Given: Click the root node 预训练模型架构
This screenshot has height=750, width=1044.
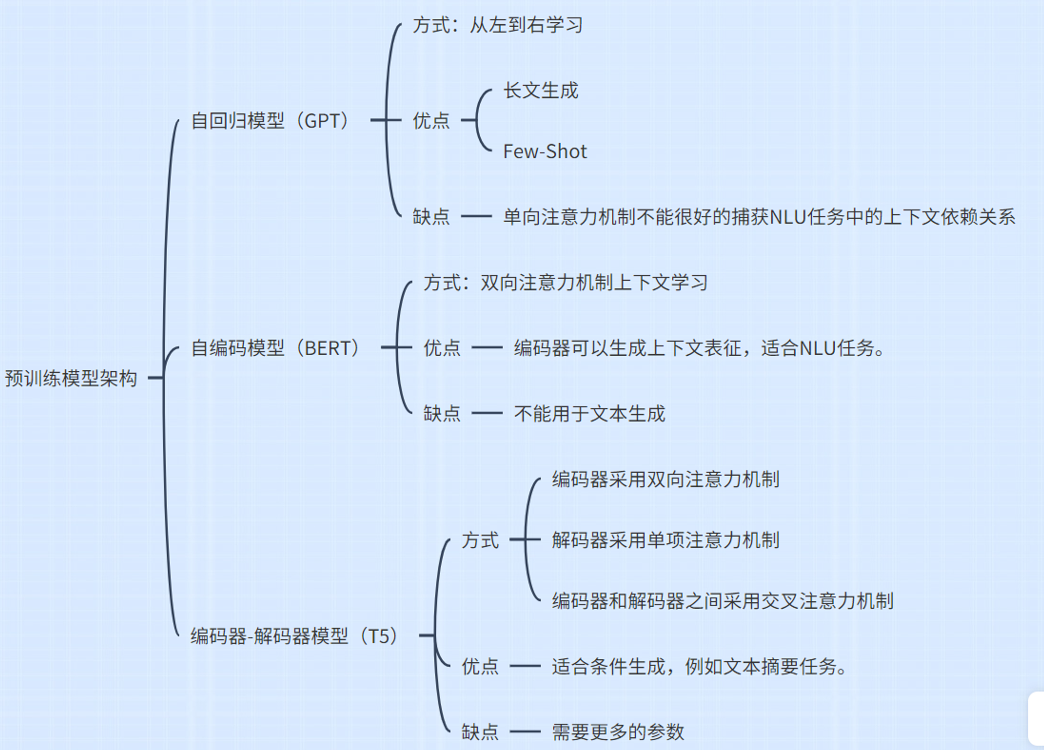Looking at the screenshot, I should pyautogui.click(x=71, y=378).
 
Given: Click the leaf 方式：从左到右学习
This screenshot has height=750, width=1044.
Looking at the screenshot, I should pyautogui.click(x=497, y=25).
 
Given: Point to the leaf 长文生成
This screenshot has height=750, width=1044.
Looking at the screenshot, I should pyautogui.click(x=541, y=90).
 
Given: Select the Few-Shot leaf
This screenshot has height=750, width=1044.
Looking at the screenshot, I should pyautogui.click(x=544, y=151).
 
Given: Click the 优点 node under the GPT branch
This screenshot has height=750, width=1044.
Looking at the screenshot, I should pyautogui.click(x=431, y=120).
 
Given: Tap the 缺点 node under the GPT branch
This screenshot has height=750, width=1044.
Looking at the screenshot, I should pyautogui.click(x=431, y=216).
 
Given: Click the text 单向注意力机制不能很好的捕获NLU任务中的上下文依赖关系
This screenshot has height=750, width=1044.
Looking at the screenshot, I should pyautogui.click(x=759, y=216).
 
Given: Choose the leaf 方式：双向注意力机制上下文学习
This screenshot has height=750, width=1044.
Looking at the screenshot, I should pyautogui.click(x=565, y=283).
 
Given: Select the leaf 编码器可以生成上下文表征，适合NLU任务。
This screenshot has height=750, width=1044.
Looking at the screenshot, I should pyautogui.click(x=699, y=348).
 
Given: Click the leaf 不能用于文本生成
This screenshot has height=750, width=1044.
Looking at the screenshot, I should pyautogui.click(x=589, y=414).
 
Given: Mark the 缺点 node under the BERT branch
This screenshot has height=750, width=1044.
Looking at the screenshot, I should pyautogui.click(x=442, y=414).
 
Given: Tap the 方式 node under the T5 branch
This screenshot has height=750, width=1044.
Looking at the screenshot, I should pyautogui.click(x=480, y=540).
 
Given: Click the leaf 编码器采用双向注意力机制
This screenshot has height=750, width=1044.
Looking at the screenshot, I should pyautogui.click(x=666, y=479).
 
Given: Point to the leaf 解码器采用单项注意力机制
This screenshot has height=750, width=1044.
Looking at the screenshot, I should pyautogui.click(x=666, y=540).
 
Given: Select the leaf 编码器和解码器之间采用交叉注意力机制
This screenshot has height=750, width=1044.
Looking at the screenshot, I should pyautogui.click(x=723, y=601).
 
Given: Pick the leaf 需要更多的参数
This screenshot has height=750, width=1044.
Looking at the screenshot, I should pyautogui.click(x=618, y=732).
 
